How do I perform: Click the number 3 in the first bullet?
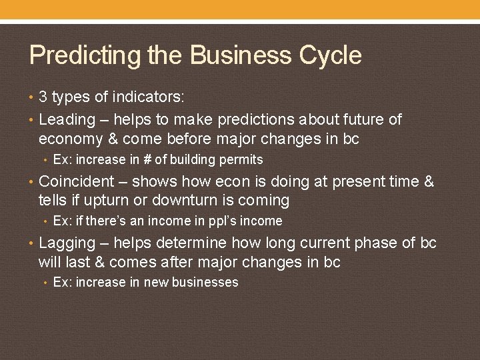click(43, 97)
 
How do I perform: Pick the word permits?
click(244, 160)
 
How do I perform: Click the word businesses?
click(205, 283)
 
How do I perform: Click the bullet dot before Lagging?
click(33, 243)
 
